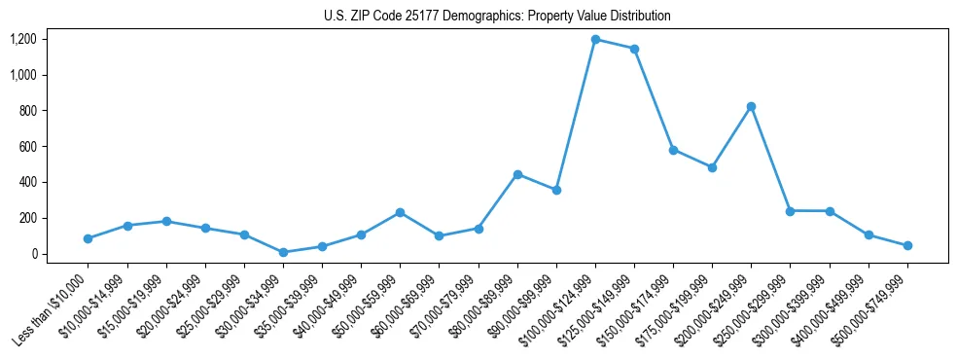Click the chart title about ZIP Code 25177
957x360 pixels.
point(497,17)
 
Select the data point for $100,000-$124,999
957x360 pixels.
point(595,40)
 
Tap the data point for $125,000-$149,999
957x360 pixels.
point(634,49)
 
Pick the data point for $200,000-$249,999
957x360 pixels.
point(751,106)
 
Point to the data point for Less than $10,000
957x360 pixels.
point(89,238)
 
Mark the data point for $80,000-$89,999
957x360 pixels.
point(517,174)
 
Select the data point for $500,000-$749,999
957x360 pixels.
point(907,245)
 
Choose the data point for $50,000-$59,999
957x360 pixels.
point(400,212)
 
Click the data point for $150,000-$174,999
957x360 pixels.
point(673,150)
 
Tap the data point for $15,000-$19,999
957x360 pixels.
point(166,221)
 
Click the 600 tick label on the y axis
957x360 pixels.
point(26,147)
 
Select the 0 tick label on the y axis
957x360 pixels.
point(33,254)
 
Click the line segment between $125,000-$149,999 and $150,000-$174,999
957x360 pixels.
point(654,99)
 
